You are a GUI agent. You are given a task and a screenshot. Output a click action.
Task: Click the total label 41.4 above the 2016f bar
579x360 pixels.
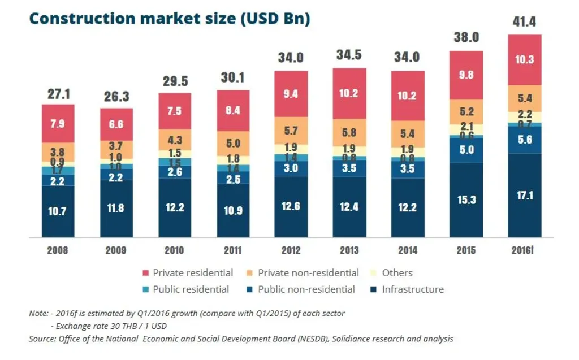pyautogui.click(x=524, y=23)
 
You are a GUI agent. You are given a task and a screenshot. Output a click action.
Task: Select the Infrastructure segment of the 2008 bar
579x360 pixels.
pyautogui.click(x=58, y=211)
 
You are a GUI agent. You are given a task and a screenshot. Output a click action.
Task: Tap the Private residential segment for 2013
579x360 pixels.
pyautogui.click(x=349, y=93)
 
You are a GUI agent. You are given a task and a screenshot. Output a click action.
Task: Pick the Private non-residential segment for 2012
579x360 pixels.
pyautogui.click(x=291, y=131)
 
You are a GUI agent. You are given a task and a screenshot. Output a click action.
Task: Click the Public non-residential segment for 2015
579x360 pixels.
pyautogui.click(x=466, y=150)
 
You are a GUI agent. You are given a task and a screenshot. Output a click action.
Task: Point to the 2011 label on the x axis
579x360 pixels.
pyautogui.click(x=232, y=250)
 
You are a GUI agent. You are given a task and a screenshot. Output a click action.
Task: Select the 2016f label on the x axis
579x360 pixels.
pyautogui.click(x=524, y=250)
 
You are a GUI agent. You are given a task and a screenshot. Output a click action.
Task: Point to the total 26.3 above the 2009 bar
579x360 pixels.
pyautogui.click(x=116, y=97)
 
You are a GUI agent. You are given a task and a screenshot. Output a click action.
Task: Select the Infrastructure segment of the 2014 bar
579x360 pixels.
pyautogui.click(x=407, y=207)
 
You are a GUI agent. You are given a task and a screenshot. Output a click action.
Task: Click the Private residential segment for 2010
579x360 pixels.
pyautogui.click(x=174, y=111)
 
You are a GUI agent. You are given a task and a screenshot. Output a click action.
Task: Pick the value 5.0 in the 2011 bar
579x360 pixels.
pyautogui.click(x=232, y=144)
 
